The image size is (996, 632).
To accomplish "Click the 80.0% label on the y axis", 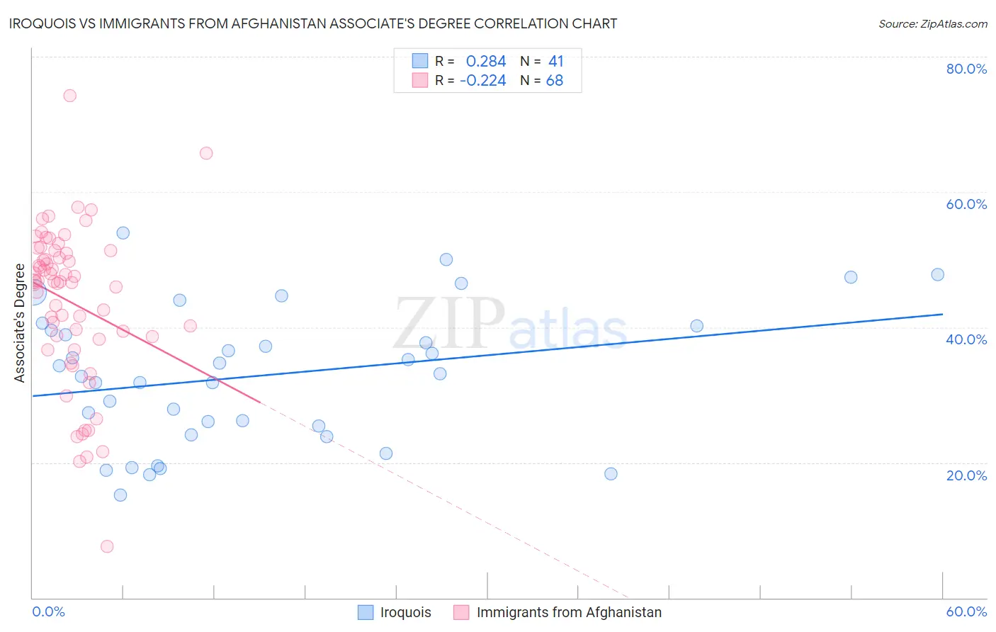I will pos(966,69).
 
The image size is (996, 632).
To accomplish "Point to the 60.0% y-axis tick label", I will pos(966,204).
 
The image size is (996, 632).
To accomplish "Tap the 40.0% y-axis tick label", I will pos(966,339).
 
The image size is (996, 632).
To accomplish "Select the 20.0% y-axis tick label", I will pos(966,475).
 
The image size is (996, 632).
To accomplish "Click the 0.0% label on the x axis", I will pos(48,611).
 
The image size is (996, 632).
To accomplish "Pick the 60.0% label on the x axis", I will pos(966,611).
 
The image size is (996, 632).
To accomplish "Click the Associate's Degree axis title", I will pos(19,323).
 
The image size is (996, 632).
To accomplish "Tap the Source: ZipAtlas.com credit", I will pos(932,23).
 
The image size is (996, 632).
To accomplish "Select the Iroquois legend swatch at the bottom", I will pos(366,612).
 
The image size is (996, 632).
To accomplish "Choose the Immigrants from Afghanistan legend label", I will pos(569,612).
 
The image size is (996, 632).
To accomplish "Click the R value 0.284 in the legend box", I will pos(486,62).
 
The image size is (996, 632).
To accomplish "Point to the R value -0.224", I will pos(483,81).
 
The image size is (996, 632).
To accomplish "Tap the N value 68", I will pos(555,81).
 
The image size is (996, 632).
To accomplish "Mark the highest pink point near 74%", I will pos(69,96).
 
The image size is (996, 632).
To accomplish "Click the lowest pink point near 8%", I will pos(107,546).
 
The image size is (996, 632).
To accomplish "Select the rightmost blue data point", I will pos(937,275).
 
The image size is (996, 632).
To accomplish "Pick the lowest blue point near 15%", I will pos(120,495).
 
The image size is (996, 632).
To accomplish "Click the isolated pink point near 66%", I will pos(206,153).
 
